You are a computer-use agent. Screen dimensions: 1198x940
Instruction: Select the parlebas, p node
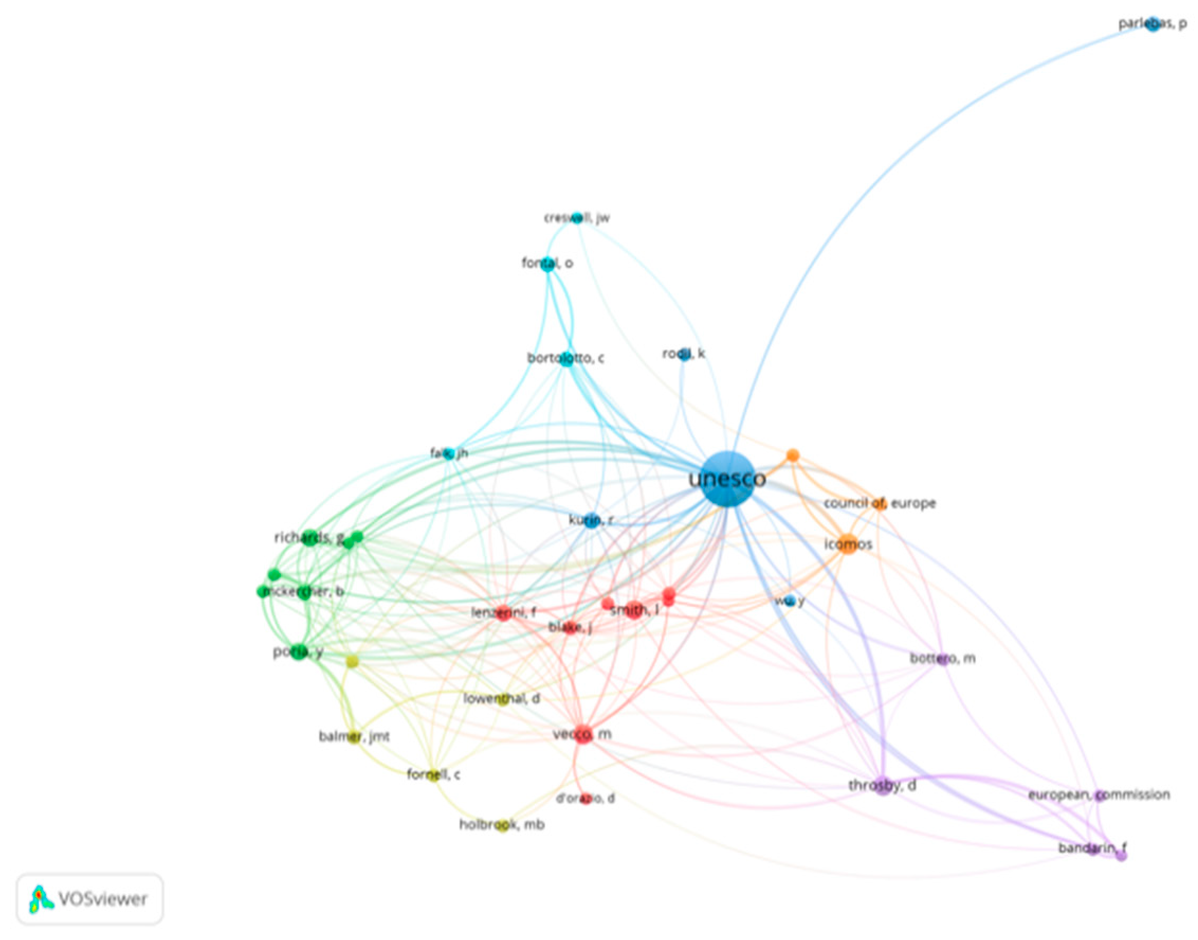pos(1153,24)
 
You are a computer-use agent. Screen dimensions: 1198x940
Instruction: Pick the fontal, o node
pos(548,264)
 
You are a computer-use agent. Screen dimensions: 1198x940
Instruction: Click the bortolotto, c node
pos(566,360)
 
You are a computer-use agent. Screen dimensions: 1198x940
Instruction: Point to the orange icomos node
pos(848,544)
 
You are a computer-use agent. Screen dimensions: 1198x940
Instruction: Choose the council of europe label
pos(880,503)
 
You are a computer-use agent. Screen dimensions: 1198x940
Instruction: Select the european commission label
pos(1099,795)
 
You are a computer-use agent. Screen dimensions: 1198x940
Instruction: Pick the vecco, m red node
pos(583,735)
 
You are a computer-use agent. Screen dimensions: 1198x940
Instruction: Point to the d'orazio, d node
pos(586,799)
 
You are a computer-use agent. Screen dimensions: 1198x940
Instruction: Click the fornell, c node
pos(434,775)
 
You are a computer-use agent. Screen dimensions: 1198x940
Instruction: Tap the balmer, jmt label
pos(354,736)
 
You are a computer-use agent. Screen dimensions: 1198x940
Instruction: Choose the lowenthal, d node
pos(502,699)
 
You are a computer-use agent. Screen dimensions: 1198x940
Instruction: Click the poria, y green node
pos(299,652)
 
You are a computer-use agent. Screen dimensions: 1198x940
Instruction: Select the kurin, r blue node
pos(591,520)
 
